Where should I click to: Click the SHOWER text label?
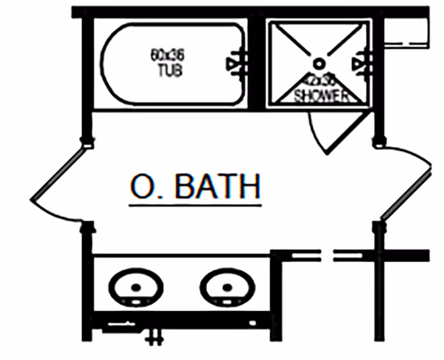[321, 95]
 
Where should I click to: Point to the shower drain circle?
[319, 63]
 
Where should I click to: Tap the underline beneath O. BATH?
[195, 206]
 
